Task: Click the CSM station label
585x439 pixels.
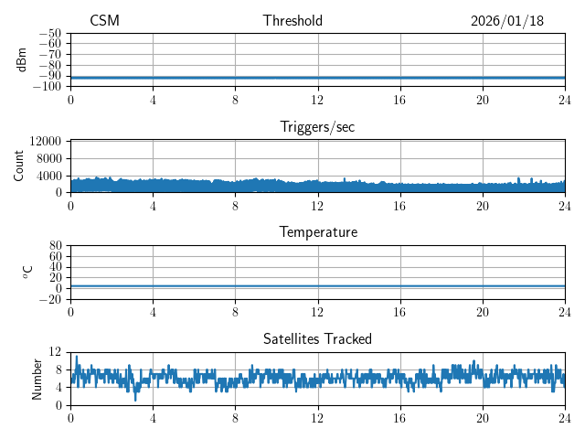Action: [104, 21]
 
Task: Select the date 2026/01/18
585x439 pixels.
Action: [507, 21]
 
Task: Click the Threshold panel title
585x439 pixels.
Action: [292, 21]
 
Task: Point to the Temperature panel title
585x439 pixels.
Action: [317, 232]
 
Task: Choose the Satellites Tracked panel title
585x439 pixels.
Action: [317, 339]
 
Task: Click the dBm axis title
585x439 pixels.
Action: [22, 59]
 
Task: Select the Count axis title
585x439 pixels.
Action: [19, 166]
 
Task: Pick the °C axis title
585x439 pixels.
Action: [27, 273]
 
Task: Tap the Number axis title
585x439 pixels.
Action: [37, 379]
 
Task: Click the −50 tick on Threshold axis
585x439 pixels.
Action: [50, 33]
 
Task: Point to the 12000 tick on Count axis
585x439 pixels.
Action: [46, 142]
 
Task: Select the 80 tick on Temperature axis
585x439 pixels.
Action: [55, 246]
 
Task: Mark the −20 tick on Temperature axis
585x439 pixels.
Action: [50, 299]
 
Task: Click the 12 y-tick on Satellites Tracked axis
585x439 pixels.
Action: [56, 352]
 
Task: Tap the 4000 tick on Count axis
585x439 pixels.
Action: [48, 176]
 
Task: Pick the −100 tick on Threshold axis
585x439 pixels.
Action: [48, 86]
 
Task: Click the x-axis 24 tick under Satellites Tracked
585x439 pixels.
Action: [564, 418]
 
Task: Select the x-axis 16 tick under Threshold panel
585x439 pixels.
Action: [399, 100]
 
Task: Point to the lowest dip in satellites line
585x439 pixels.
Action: [136, 400]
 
